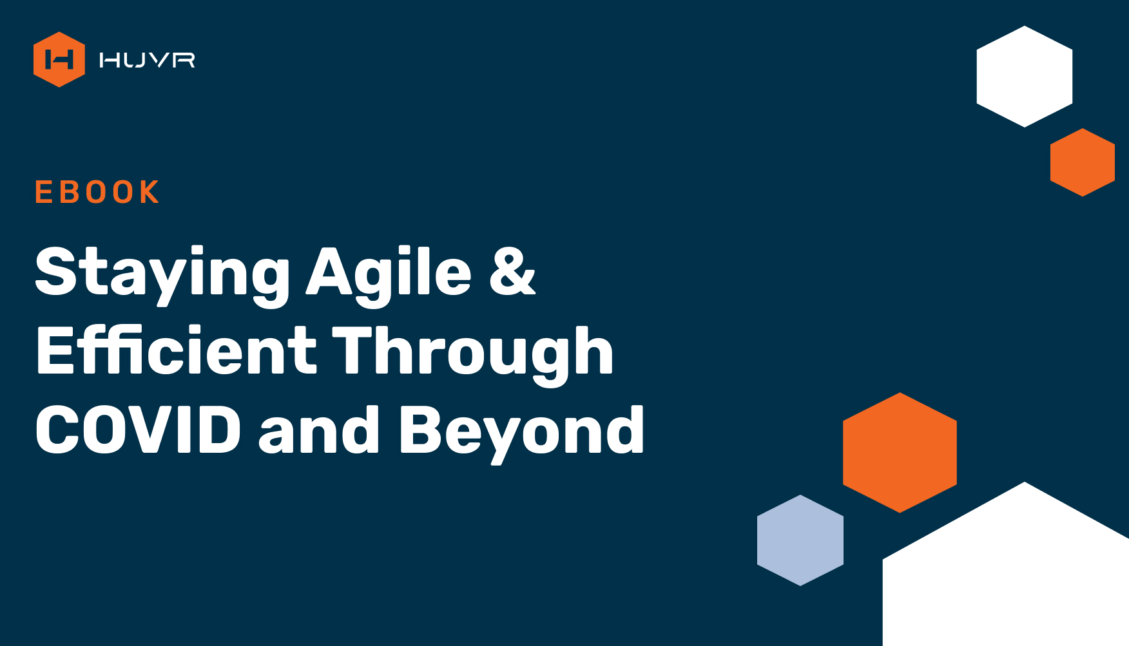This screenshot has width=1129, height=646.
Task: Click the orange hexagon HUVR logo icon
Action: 59,59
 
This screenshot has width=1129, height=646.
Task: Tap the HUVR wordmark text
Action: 147,60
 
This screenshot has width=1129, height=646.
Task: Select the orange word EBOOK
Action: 97,192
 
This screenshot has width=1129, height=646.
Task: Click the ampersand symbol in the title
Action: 512,271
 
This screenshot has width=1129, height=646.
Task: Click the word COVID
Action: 138,430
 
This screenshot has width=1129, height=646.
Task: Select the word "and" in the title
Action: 319,430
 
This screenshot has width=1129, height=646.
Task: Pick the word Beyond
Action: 521,433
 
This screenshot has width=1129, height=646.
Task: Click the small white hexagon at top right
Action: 1025,77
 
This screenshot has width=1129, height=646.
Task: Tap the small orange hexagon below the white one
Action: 1083,162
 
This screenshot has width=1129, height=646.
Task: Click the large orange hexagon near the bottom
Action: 900,453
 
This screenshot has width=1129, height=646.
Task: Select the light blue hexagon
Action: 800,540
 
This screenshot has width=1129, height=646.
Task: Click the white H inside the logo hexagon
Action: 59,60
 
